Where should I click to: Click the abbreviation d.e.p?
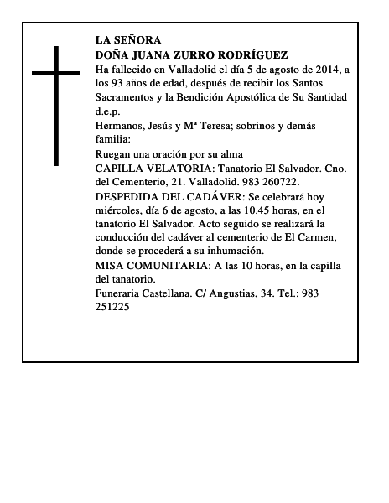109,111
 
